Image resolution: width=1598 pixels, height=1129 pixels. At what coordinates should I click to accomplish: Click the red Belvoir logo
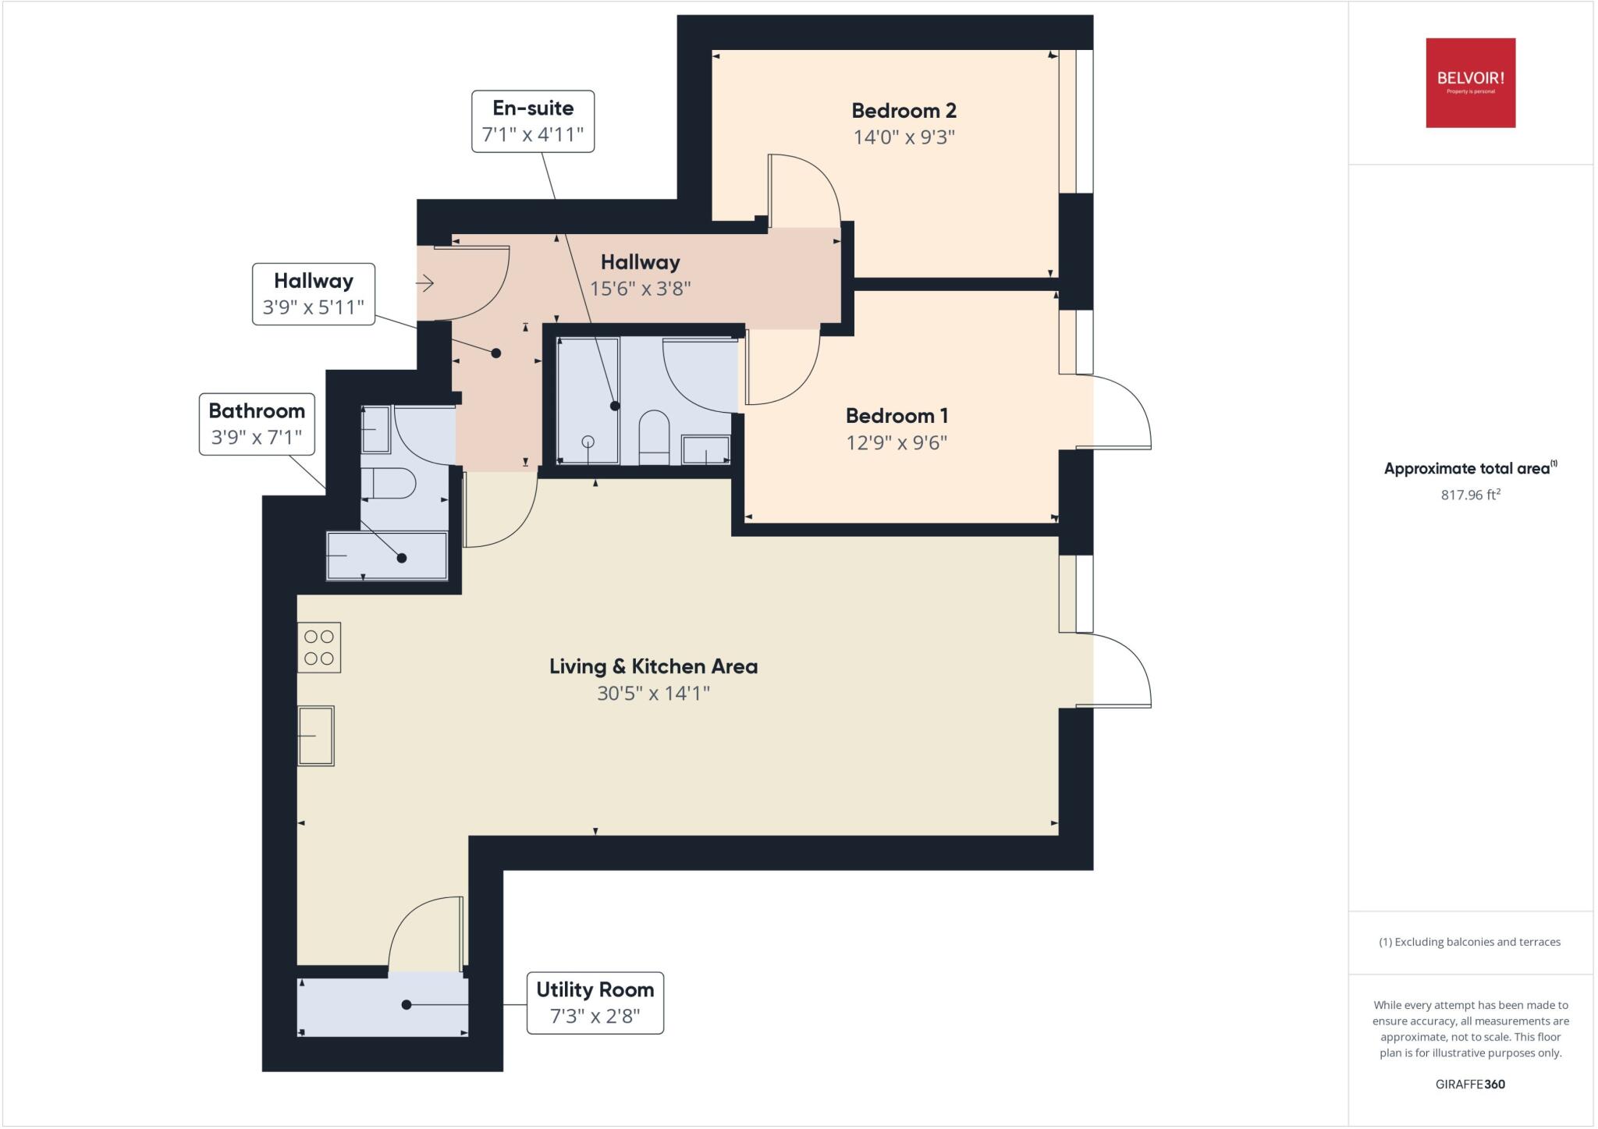[x=1470, y=83]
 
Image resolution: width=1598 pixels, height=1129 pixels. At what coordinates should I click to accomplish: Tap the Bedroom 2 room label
[x=904, y=111]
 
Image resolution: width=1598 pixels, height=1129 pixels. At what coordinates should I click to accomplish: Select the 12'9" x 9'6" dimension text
[x=897, y=443]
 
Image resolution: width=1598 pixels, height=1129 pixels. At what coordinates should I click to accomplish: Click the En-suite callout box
[x=533, y=122]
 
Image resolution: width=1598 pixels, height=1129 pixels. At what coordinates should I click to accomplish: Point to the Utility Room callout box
[x=595, y=1003]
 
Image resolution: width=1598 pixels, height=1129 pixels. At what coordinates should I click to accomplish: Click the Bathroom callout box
[x=257, y=424]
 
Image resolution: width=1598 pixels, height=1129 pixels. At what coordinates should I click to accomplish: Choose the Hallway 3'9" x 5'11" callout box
[x=314, y=294]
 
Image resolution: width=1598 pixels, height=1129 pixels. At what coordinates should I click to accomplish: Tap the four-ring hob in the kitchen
[x=319, y=648]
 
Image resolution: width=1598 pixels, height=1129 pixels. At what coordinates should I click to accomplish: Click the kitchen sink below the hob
[x=316, y=736]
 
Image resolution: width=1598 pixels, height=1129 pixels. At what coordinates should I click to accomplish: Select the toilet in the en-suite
[x=654, y=437]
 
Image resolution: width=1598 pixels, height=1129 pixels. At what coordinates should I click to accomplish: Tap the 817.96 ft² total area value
[x=1471, y=495]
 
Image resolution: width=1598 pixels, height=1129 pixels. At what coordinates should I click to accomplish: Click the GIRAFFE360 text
[x=1470, y=1084]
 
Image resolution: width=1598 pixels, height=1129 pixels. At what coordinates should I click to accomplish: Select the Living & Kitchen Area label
[x=653, y=666]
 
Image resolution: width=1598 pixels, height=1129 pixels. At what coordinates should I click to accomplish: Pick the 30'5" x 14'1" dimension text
[x=653, y=693]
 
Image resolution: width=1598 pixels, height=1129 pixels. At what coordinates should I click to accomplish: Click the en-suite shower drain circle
[x=588, y=442]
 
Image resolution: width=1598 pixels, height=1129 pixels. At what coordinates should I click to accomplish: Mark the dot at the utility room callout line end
[x=406, y=1004]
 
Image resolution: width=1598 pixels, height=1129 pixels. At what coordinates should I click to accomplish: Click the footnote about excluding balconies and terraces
[x=1470, y=942]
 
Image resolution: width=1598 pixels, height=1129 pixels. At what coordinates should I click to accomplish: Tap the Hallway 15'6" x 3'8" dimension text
[x=640, y=289]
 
